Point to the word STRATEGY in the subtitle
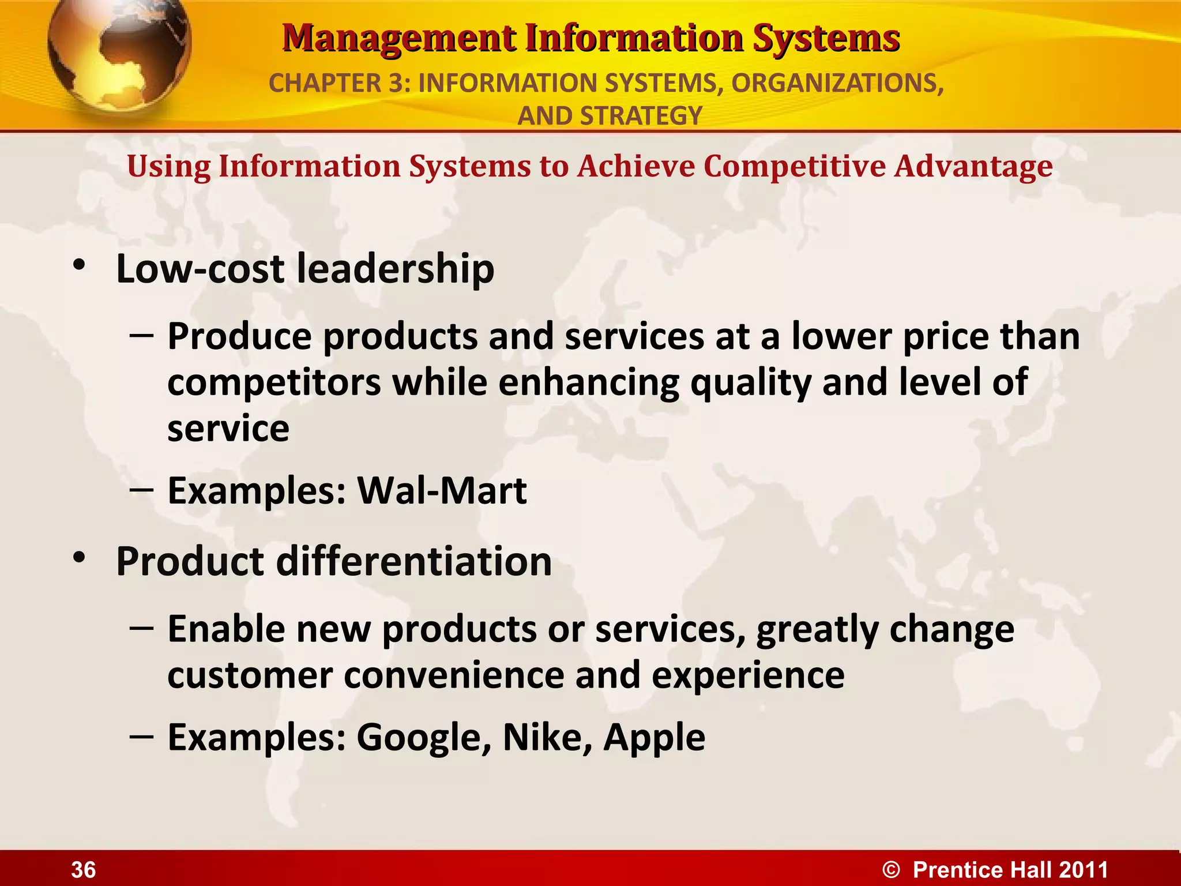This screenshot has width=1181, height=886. [641, 116]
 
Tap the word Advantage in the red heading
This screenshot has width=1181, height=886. [973, 167]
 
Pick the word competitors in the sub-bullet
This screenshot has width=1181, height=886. [274, 382]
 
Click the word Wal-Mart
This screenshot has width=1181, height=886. [442, 491]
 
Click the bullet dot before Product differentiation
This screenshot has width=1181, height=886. [80, 558]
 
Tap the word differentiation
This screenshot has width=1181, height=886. [414, 561]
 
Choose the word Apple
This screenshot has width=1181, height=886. [654, 738]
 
